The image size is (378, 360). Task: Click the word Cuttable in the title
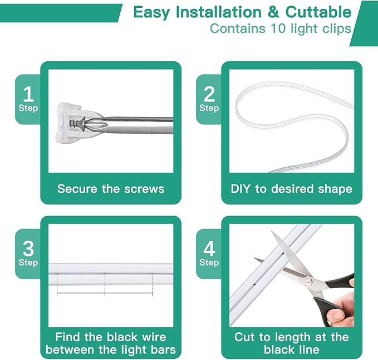coord(318,12)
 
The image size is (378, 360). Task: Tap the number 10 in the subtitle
coord(278,28)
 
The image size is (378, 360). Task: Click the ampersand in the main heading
coord(273,12)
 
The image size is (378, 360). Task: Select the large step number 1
coord(28,94)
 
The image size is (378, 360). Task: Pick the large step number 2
coord(209,94)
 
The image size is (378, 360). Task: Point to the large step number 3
coord(28,249)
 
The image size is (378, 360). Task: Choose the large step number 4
coord(209,249)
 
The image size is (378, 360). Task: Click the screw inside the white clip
coord(77,124)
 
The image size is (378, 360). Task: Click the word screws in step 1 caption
coord(144,189)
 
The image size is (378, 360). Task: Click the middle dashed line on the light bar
coord(105,284)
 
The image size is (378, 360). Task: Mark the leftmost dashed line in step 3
coord(57,284)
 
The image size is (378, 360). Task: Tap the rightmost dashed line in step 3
coord(153,284)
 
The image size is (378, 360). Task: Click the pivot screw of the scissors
coord(308,281)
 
